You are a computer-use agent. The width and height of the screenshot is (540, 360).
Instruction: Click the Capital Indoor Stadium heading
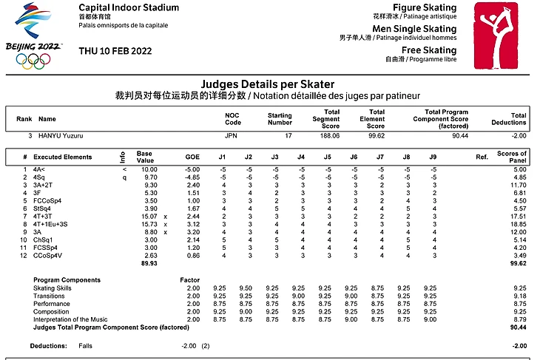tap(128, 8)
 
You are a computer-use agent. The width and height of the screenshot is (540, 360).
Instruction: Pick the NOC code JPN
tap(233, 136)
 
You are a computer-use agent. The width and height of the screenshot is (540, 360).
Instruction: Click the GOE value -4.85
tap(192, 177)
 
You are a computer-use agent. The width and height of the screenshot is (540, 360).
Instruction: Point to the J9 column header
tap(432, 157)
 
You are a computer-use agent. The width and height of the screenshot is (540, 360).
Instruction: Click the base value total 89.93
tap(149, 262)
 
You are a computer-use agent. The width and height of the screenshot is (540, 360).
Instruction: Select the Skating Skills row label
tap(55, 287)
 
